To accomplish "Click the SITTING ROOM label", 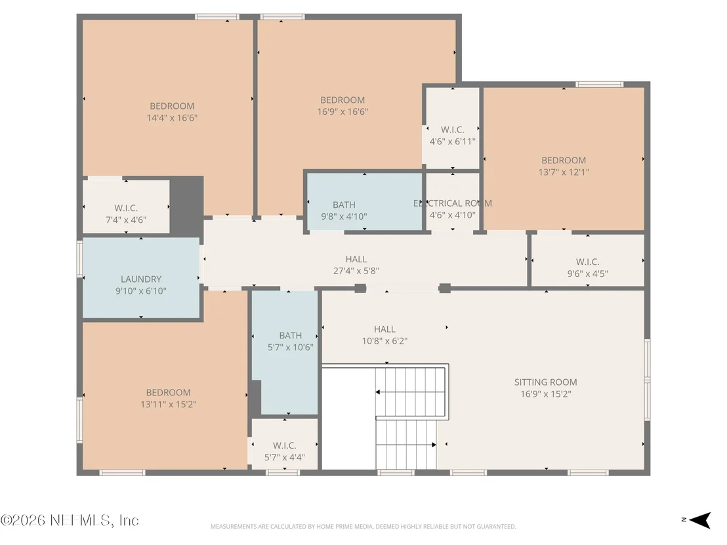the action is [x=545, y=382].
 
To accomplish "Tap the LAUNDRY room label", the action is [x=141, y=279].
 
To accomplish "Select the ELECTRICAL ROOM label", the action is [x=453, y=203].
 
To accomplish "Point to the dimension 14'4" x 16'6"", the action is [x=172, y=117].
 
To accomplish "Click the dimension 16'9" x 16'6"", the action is [x=343, y=111].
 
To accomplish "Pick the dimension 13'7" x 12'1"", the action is [x=564, y=172].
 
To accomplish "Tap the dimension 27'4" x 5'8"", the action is [x=356, y=271].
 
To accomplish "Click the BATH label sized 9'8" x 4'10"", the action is [x=344, y=205].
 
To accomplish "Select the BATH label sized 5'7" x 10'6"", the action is [x=290, y=336].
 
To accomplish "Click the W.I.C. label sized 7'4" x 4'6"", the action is [x=126, y=208].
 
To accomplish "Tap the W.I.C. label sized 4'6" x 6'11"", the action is [x=453, y=130].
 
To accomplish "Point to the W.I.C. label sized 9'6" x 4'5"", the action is [x=587, y=262].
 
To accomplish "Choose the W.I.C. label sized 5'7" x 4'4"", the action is [x=284, y=446].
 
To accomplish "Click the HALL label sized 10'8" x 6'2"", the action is [x=385, y=329].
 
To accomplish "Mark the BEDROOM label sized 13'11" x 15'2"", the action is [x=169, y=393].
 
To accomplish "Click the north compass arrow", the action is [x=699, y=520].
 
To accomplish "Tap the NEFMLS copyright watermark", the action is [x=70, y=520].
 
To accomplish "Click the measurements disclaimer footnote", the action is [x=363, y=527].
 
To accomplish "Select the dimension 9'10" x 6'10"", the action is [x=141, y=291].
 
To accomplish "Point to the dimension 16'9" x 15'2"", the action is [x=546, y=394].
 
